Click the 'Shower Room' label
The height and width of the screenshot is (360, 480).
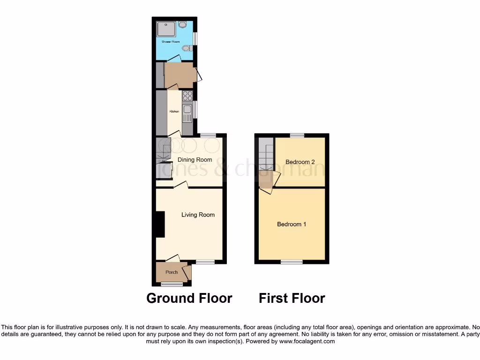point(171,42)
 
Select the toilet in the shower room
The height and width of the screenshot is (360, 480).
point(187,48)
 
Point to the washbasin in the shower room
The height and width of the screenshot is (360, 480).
point(182,23)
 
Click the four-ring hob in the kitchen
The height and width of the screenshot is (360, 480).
point(187,96)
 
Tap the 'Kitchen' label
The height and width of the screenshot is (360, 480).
point(174,112)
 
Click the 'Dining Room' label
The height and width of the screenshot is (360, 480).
point(195,160)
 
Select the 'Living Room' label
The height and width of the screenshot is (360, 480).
point(198,215)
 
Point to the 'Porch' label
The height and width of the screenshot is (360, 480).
point(172,272)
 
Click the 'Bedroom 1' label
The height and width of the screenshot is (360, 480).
point(292,224)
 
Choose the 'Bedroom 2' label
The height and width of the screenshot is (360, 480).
point(300,162)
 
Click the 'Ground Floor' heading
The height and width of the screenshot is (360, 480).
point(189,298)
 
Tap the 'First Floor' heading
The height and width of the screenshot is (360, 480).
point(292,298)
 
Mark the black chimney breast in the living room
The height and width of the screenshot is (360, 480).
point(160,225)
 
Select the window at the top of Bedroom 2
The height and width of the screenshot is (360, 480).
point(296,135)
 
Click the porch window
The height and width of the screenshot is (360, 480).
point(172,284)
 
